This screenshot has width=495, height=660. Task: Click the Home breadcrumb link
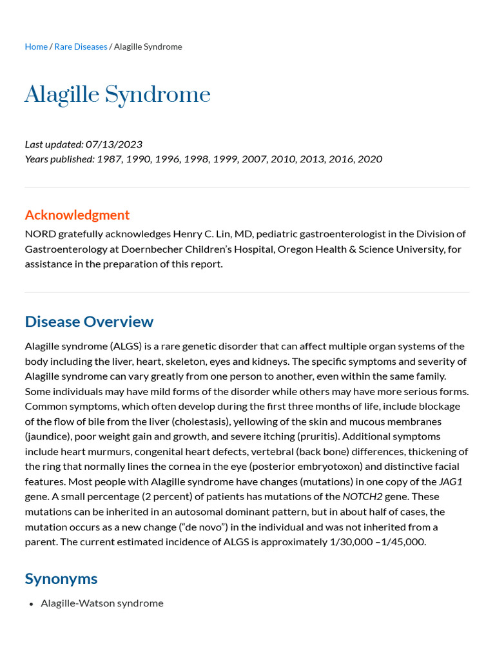[x=36, y=46]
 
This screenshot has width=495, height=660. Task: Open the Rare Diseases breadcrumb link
[x=81, y=46]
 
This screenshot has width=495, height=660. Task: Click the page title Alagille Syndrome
[x=117, y=95]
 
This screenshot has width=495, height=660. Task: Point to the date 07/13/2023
[x=114, y=144]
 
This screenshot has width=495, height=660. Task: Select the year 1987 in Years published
[x=109, y=159]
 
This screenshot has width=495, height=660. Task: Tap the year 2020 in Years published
[x=370, y=159]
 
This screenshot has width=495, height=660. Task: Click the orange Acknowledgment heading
[x=77, y=215]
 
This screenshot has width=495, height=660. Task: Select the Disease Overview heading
[x=89, y=322]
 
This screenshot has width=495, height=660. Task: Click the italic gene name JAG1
[x=451, y=481]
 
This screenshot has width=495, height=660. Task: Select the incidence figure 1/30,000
[x=351, y=541]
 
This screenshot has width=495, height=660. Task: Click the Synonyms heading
[x=61, y=578]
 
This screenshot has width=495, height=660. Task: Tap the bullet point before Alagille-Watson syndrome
[x=32, y=603]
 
